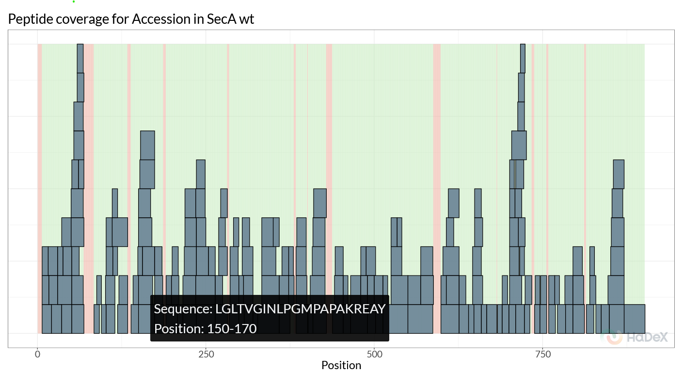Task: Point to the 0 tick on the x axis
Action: tap(37, 354)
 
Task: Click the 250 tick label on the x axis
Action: tap(206, 354)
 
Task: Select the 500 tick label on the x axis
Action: tap(374, 354)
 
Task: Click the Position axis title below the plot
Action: tap(341, 365)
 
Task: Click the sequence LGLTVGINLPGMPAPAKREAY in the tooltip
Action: tap(301, 309)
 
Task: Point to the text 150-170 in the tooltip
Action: tap(232, 329)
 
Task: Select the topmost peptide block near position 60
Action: tap(80, 58)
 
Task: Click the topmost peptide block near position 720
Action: tap(523, 58)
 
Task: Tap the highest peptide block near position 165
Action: tap(147, 145)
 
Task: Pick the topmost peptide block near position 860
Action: tap(619, 174)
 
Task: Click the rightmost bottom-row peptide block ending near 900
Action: tap(634, 319)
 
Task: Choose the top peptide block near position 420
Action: tap(320, 203)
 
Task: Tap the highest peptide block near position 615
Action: tap(453, 203)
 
